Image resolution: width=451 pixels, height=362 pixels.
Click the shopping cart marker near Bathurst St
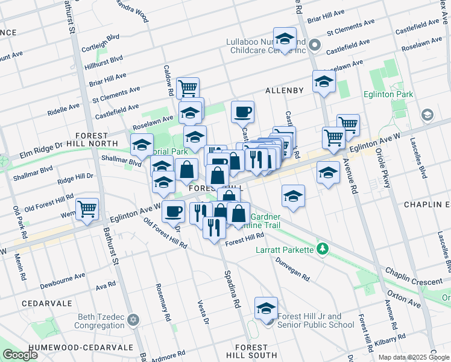(87, 209)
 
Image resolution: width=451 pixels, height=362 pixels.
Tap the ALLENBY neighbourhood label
(284, 91)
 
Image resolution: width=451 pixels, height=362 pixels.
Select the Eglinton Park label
(388, 95)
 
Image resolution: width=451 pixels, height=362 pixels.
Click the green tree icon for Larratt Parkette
(323, 249)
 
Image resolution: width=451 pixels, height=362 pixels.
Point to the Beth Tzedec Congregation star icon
(133, 320)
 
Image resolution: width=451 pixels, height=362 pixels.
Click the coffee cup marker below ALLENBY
(242, 112)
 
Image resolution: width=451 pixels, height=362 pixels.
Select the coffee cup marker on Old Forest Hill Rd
(173, 211)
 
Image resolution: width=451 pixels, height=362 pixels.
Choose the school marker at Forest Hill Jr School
(266, 308)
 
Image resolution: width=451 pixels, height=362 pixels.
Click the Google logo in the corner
(20, 355)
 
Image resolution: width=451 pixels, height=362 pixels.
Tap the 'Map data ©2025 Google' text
(414, 357)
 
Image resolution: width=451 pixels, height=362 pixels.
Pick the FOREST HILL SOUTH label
(251, 352)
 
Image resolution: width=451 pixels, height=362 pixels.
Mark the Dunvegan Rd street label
(294, 270)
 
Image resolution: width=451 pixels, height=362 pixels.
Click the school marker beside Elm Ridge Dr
(142, 145)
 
